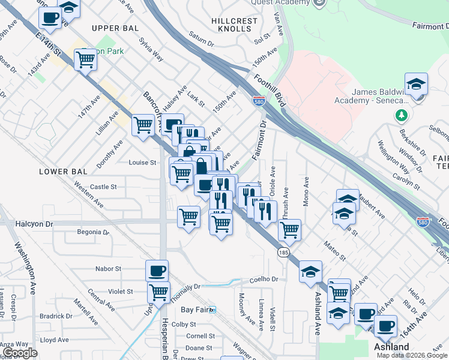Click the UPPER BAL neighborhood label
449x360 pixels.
coord(115,28)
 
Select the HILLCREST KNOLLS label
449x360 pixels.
coord(234,25)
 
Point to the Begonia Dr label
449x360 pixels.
coord(94,232)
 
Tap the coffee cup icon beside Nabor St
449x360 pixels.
coord(157,271)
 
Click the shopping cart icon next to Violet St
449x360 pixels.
coord(158,292)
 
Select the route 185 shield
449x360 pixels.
coord(283,254)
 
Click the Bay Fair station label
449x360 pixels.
coord(194,310)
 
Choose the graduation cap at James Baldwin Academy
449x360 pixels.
coord(416,84)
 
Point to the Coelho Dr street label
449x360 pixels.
coord(265,279)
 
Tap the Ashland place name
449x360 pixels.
coord(391,347)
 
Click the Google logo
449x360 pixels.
coord(20,353)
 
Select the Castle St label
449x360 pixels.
coord(103,187)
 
